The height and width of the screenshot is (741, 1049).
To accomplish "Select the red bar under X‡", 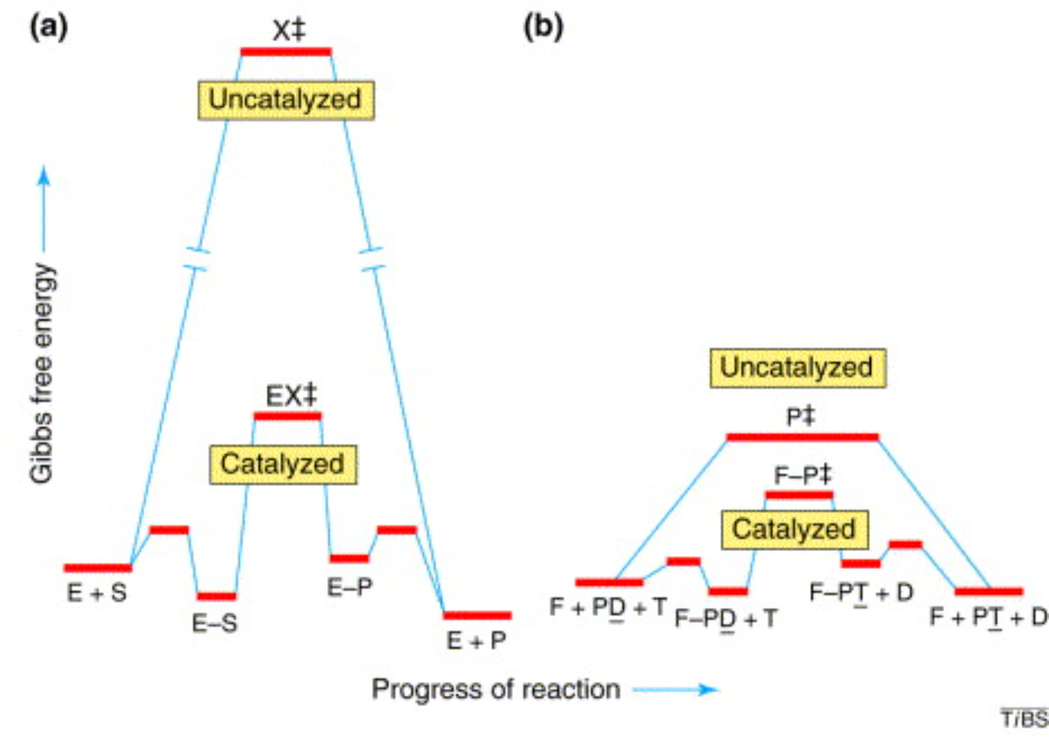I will pyautogui.click(x=286, y=51).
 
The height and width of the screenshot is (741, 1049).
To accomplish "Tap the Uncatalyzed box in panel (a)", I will pyautogui.click(x=286, y=100).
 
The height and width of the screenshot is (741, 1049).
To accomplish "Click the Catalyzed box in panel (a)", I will pyautogui.click(x=283, y=465).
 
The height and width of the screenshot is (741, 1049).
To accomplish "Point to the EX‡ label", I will pyautogui.click(x=291, y=395).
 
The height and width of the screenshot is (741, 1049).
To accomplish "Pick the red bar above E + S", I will pyautogui.click(x=98, y=567).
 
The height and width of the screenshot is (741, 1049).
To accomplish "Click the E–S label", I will pyautogui.click(x=215, y=624).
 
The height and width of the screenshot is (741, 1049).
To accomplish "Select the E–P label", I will pyautogui.click(x=349, y=587).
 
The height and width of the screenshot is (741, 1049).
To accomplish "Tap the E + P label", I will pyautogui.click(x=476, y=640).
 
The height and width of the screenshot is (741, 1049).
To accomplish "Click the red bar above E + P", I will pyautogui.click(x=477, y=615).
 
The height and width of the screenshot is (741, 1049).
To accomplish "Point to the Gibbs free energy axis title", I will pyautogui.click(x=42, y=372).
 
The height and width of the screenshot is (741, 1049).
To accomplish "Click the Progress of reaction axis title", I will pyautogui.click(x=496, y=689).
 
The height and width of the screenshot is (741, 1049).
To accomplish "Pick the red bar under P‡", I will pyautogui.click(x=802, y=437).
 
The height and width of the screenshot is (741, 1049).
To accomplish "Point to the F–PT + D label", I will pyautogui.click(x=861, y=593).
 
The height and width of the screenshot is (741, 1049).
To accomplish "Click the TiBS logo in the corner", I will pyautogui.click(x=1024, y=718).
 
